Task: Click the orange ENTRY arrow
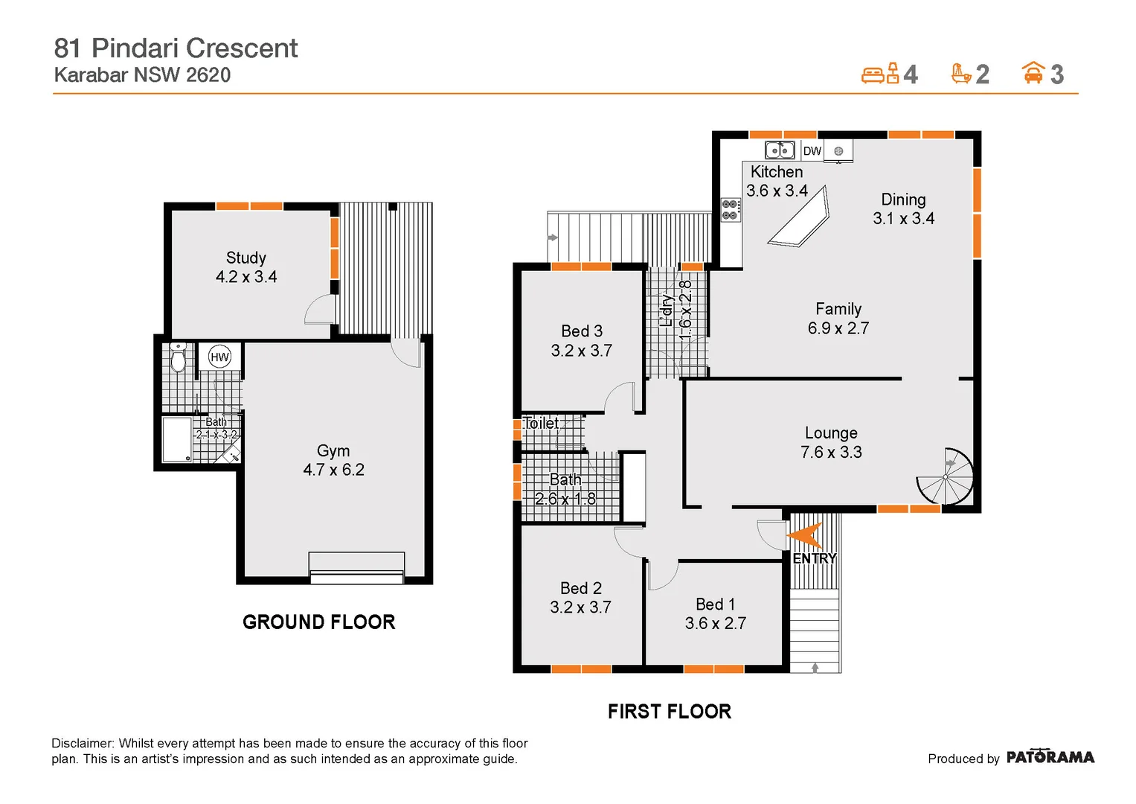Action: pyautogui.click(x=805, y=535)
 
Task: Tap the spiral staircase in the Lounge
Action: pyautogui.click(x=946, y=476)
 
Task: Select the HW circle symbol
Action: pyautogui.click(x=219, y=357)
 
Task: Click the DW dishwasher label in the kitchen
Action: pyautogui.click(x=812, y=151)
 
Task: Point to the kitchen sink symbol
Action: pyautogui.click(x=780, y=150)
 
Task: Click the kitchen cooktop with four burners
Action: pyautogui.click(x=731, y=209)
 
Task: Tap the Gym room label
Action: pyautogui.click(x=333, y=451)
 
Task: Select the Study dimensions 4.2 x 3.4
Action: pyautogui.click(x=246, y=277)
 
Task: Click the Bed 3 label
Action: pyautogui.click(x=582, y=331)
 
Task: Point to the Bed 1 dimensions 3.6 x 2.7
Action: pyautogui.click(x=715, y=624)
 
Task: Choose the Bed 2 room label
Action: pyautogui.click(x=581, y=588)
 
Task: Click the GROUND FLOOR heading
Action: pyautogui.click(x=318, y=622)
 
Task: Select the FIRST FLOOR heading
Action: pyautogui.click(x=669, y=712)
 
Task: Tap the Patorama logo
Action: pyautogui.click(x=1050, y=757)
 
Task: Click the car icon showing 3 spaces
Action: pyautogui.click(x=1033, y=73)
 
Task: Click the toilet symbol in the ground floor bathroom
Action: pyautogui.click(x=178, y=358)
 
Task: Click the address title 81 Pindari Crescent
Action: pyautogui.click(x=176, y=48)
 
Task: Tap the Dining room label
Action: pyautogui.click(x=903, y=200)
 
